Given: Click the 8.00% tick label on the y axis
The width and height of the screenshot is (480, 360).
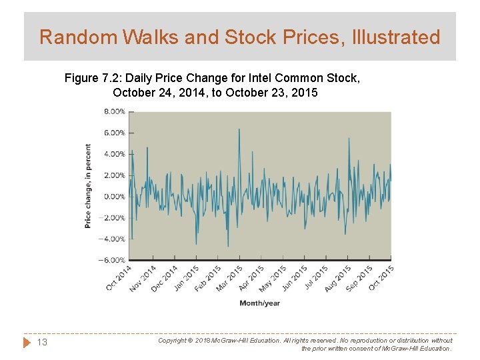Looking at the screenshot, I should point(113,111).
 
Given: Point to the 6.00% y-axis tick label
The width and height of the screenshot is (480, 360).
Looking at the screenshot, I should point(113,133).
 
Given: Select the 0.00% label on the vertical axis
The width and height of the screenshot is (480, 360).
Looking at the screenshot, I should point(113,197).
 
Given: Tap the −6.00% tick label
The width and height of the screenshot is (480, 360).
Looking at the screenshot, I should point(112,260).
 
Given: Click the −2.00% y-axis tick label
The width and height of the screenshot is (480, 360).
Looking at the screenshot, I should point(112,218).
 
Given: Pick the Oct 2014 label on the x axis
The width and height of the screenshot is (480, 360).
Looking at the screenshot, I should point(119,277).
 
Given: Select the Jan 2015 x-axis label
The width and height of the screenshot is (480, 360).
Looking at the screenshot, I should point(187,278).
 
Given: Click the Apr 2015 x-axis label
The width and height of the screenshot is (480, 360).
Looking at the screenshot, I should point(252,278).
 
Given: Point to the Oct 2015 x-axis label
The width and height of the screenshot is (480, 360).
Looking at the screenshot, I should point(381,277).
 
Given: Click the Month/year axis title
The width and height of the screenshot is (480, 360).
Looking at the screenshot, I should point(259,303).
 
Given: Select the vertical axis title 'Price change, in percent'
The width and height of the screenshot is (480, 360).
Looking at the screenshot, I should point(88,186).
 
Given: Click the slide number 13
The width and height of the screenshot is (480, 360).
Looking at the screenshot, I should point(41,343).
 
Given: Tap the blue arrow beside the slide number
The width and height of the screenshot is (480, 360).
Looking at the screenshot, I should point(27,343).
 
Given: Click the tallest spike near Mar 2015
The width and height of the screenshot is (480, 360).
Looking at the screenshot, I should point(239,129).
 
